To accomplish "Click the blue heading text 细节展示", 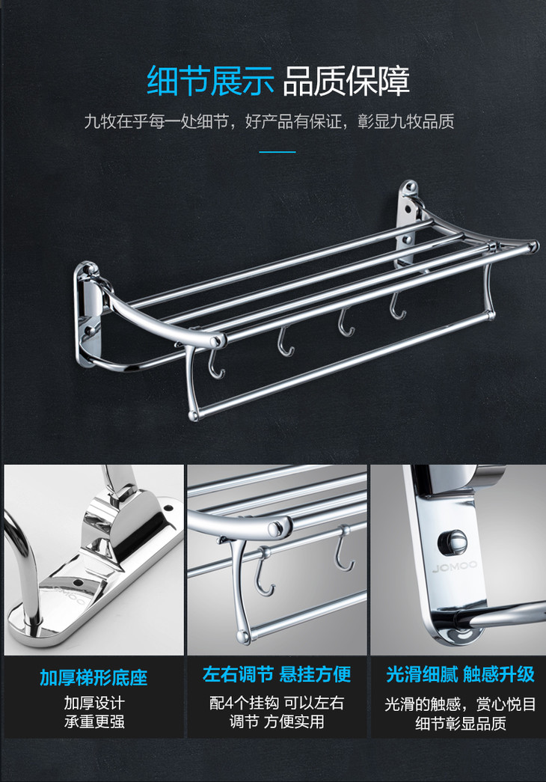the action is point(210,81).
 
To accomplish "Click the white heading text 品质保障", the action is point(346,81).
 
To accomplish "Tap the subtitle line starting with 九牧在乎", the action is point(269,121).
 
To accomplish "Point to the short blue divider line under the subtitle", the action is point(277,152).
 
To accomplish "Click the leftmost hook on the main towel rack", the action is point(215,363).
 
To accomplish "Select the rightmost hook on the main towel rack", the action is point(397,306).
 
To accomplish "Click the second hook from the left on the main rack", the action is point(285,342).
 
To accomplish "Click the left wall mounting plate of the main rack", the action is point(88,314).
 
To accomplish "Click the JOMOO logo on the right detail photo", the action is point(454,567).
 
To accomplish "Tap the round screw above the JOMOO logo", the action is point(453,541).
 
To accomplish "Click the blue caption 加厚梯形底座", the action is point(93,678).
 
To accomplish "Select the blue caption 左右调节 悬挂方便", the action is point(277,674).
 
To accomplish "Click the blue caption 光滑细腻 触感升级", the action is point(460,674).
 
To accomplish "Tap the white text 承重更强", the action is point(94,721).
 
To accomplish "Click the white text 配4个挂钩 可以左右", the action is point(277,703).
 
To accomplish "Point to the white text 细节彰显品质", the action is point(461,723).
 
